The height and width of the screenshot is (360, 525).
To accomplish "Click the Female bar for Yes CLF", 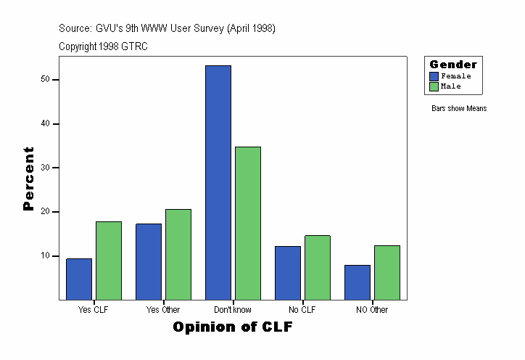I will click(79, 279).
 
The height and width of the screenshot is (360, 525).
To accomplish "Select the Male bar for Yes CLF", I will click(109, 261).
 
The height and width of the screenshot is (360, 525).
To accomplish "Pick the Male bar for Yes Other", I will click(178, 255).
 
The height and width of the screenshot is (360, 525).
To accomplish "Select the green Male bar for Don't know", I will click(248, 224).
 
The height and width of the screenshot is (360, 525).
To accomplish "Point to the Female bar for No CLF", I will click(288, 273).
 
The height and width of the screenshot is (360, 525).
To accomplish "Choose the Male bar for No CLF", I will click(318, 268).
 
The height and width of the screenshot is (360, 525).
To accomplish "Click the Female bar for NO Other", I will click(357, 282).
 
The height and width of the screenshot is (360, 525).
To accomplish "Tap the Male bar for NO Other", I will click(387, 273).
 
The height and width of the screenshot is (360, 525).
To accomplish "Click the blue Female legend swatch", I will click(434, 76).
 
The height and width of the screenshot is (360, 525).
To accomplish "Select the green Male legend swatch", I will click(434, 86).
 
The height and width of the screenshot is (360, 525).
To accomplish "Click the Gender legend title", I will click(453, 65).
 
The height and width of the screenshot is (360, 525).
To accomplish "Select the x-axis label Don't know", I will click(233, 310).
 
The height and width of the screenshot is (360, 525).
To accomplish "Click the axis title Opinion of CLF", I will click(233, 327).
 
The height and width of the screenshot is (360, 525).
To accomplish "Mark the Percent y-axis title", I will click(29, 179).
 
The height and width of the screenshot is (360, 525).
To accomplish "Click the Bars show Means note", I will click(459, 109).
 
